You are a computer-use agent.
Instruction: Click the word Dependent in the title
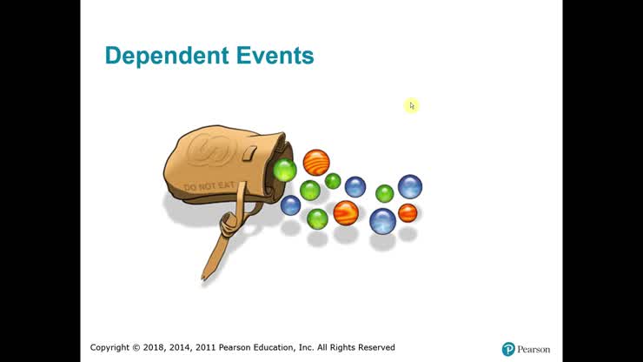pos(166,57)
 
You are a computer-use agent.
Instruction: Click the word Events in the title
pos(275,57)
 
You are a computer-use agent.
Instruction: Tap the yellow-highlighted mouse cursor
pos(412,105)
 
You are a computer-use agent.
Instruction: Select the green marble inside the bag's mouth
pos(285,169)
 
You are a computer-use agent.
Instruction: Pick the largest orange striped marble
pos(316,162)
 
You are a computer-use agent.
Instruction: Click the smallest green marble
pos(333,181)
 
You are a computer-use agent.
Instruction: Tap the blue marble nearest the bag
pos(290,205)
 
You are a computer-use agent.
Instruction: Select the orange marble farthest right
pos(408,212)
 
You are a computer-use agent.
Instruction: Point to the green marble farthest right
pos(384,193)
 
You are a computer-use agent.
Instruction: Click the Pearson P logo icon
pos(508,349)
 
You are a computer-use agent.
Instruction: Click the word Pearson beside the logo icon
pos(534,349)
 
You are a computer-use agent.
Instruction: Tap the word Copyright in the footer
pos(113,347)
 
